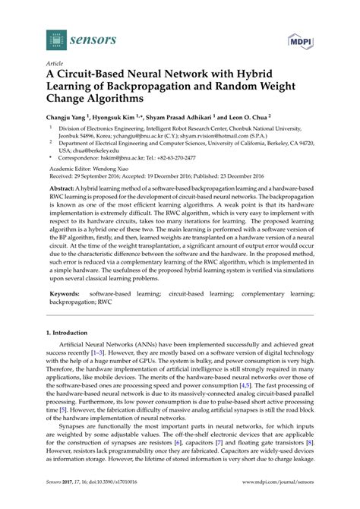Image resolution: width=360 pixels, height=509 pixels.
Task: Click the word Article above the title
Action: (x=55, y=65)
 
